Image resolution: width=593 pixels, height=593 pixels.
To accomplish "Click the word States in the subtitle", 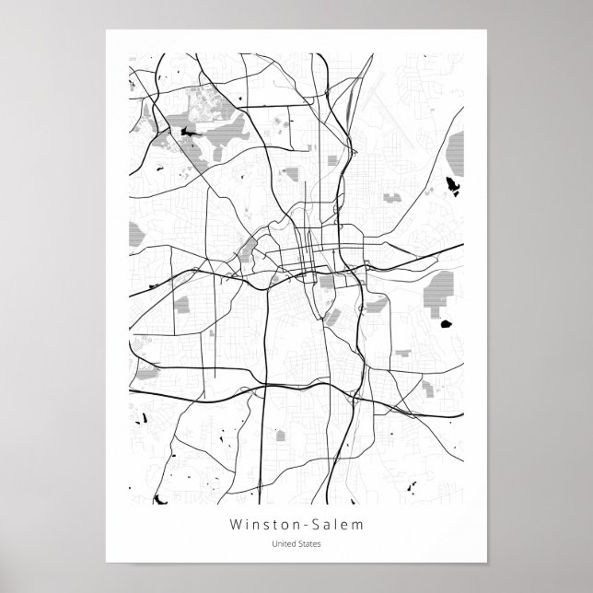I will point(308,544).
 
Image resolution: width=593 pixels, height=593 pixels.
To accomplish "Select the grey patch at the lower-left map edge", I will point(146,371).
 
